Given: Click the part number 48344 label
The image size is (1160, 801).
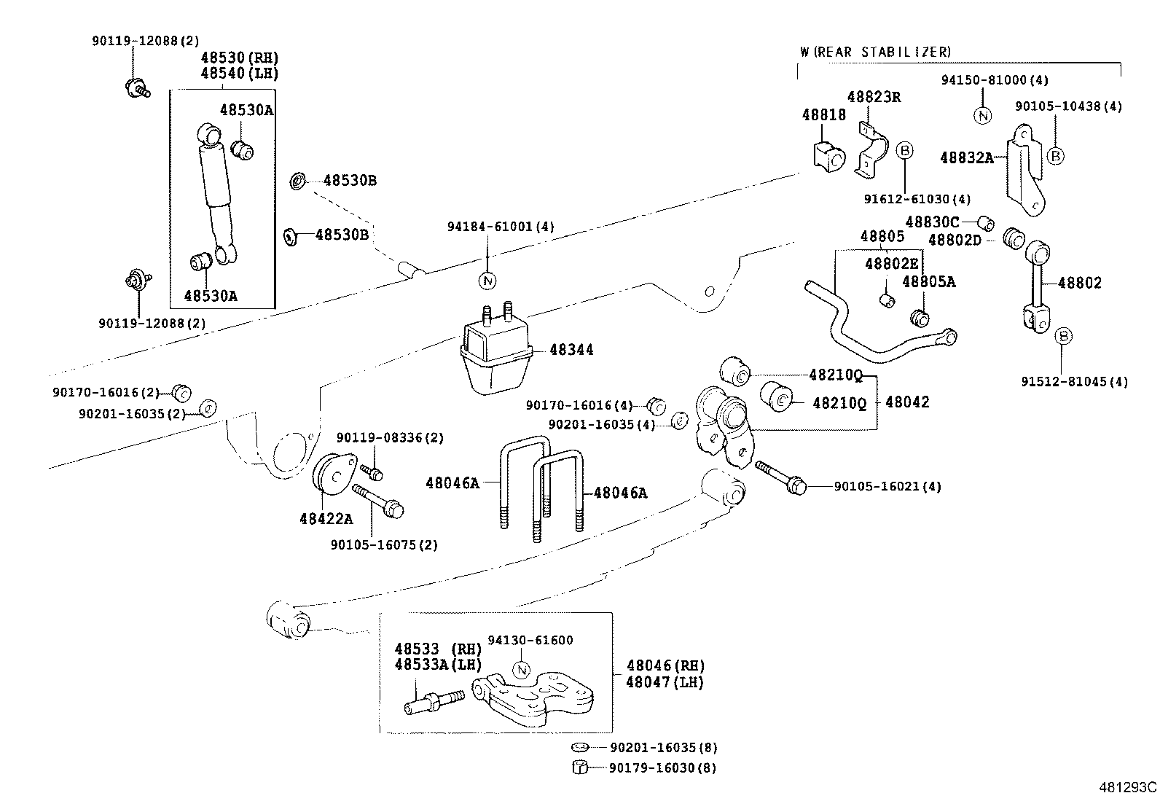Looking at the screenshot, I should (x=571, y=350).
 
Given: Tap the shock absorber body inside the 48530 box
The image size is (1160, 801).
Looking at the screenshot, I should (x=216, y=189).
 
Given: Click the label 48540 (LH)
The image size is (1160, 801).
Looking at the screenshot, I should (x=240, y=73).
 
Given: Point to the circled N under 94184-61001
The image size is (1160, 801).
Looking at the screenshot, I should (x=487, y=280).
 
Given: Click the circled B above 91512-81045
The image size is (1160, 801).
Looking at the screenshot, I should (x=1063, y=336).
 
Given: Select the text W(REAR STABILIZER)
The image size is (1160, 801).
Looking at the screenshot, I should (x=874, y=52).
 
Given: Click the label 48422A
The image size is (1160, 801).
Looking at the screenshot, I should (x=326, y=519).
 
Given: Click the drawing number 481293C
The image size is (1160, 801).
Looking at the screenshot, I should (x=1128, y=787).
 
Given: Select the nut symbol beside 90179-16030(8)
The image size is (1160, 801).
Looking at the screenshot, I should (x=581, y=767).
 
